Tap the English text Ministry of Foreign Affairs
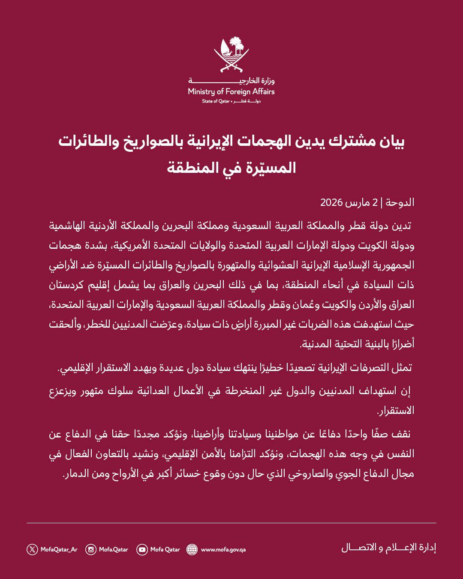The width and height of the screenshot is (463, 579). [x=231, y=91]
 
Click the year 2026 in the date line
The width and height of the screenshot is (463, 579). [x=331, y=202]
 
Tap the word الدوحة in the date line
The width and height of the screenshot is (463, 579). [x=400, y=202]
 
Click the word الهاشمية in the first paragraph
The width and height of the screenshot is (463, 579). [x=69, y=226]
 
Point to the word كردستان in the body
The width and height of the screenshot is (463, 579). [x=69, y=285]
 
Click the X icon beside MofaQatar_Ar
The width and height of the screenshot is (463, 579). [x=32, y=549]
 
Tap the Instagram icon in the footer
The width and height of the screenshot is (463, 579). [x=91, y=549]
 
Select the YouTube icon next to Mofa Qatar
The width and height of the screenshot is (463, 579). [x=142, y=549]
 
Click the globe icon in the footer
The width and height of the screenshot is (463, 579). [x=192, y=549]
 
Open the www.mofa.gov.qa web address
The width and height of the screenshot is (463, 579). [x=223, y=549]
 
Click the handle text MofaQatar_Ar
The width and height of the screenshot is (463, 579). [x=59, y=549]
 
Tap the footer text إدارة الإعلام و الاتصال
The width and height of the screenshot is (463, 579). [x=388, y=548]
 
